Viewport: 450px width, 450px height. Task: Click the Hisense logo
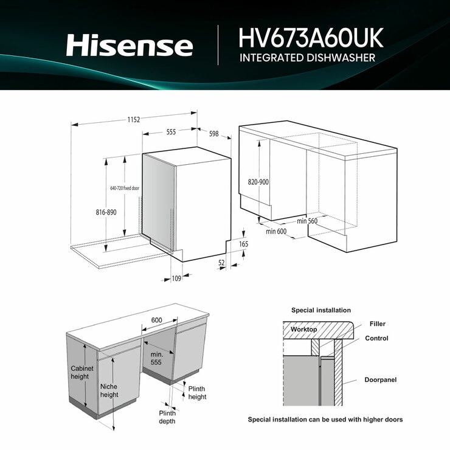pyautogui.click(x=130, y=45)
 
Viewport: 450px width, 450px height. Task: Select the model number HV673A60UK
pyautogui.click(x=311, y=38)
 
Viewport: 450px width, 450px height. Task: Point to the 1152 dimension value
pyautogui.click(x=134, y=120)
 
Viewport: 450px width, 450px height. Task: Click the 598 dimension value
pyautogui.click(x=213, y=134)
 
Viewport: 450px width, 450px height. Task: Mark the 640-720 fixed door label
pyautogui.click(x=125, y=189)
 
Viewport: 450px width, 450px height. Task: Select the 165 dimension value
pyautogui.click(x=244, y=244)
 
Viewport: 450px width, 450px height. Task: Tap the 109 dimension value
pyautogui.click(x=177, y=279)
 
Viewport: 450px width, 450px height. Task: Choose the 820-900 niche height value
pyautogui.click(x=258, y=182)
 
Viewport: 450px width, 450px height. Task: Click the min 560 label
pyautogui.click(x=307, y=221)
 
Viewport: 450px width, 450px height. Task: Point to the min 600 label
pyautogui.click(x=276, y=231)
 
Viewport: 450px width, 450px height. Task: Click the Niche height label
pyautogui.click(x=109, y=390)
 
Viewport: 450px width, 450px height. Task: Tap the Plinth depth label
pyautogui.click(x=167, y=417)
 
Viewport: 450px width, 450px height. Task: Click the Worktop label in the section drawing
pyautogui.click(x=304, y=329)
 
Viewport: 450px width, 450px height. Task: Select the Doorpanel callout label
pyautogui.click(x=380, y=380)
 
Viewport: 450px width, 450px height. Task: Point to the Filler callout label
pyautogui.click(x=377, y=324)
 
